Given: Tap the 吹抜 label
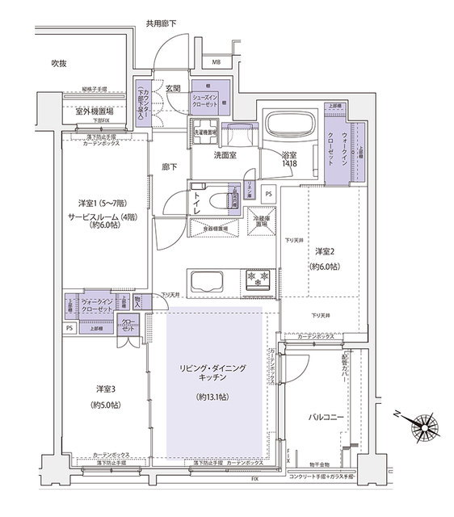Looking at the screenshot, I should [x=59, y=63].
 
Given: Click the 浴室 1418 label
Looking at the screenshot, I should [x=290, y=158].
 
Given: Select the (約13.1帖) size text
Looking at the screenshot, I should [x=212, y=397].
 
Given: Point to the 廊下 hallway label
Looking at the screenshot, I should [x=169, y=166].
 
